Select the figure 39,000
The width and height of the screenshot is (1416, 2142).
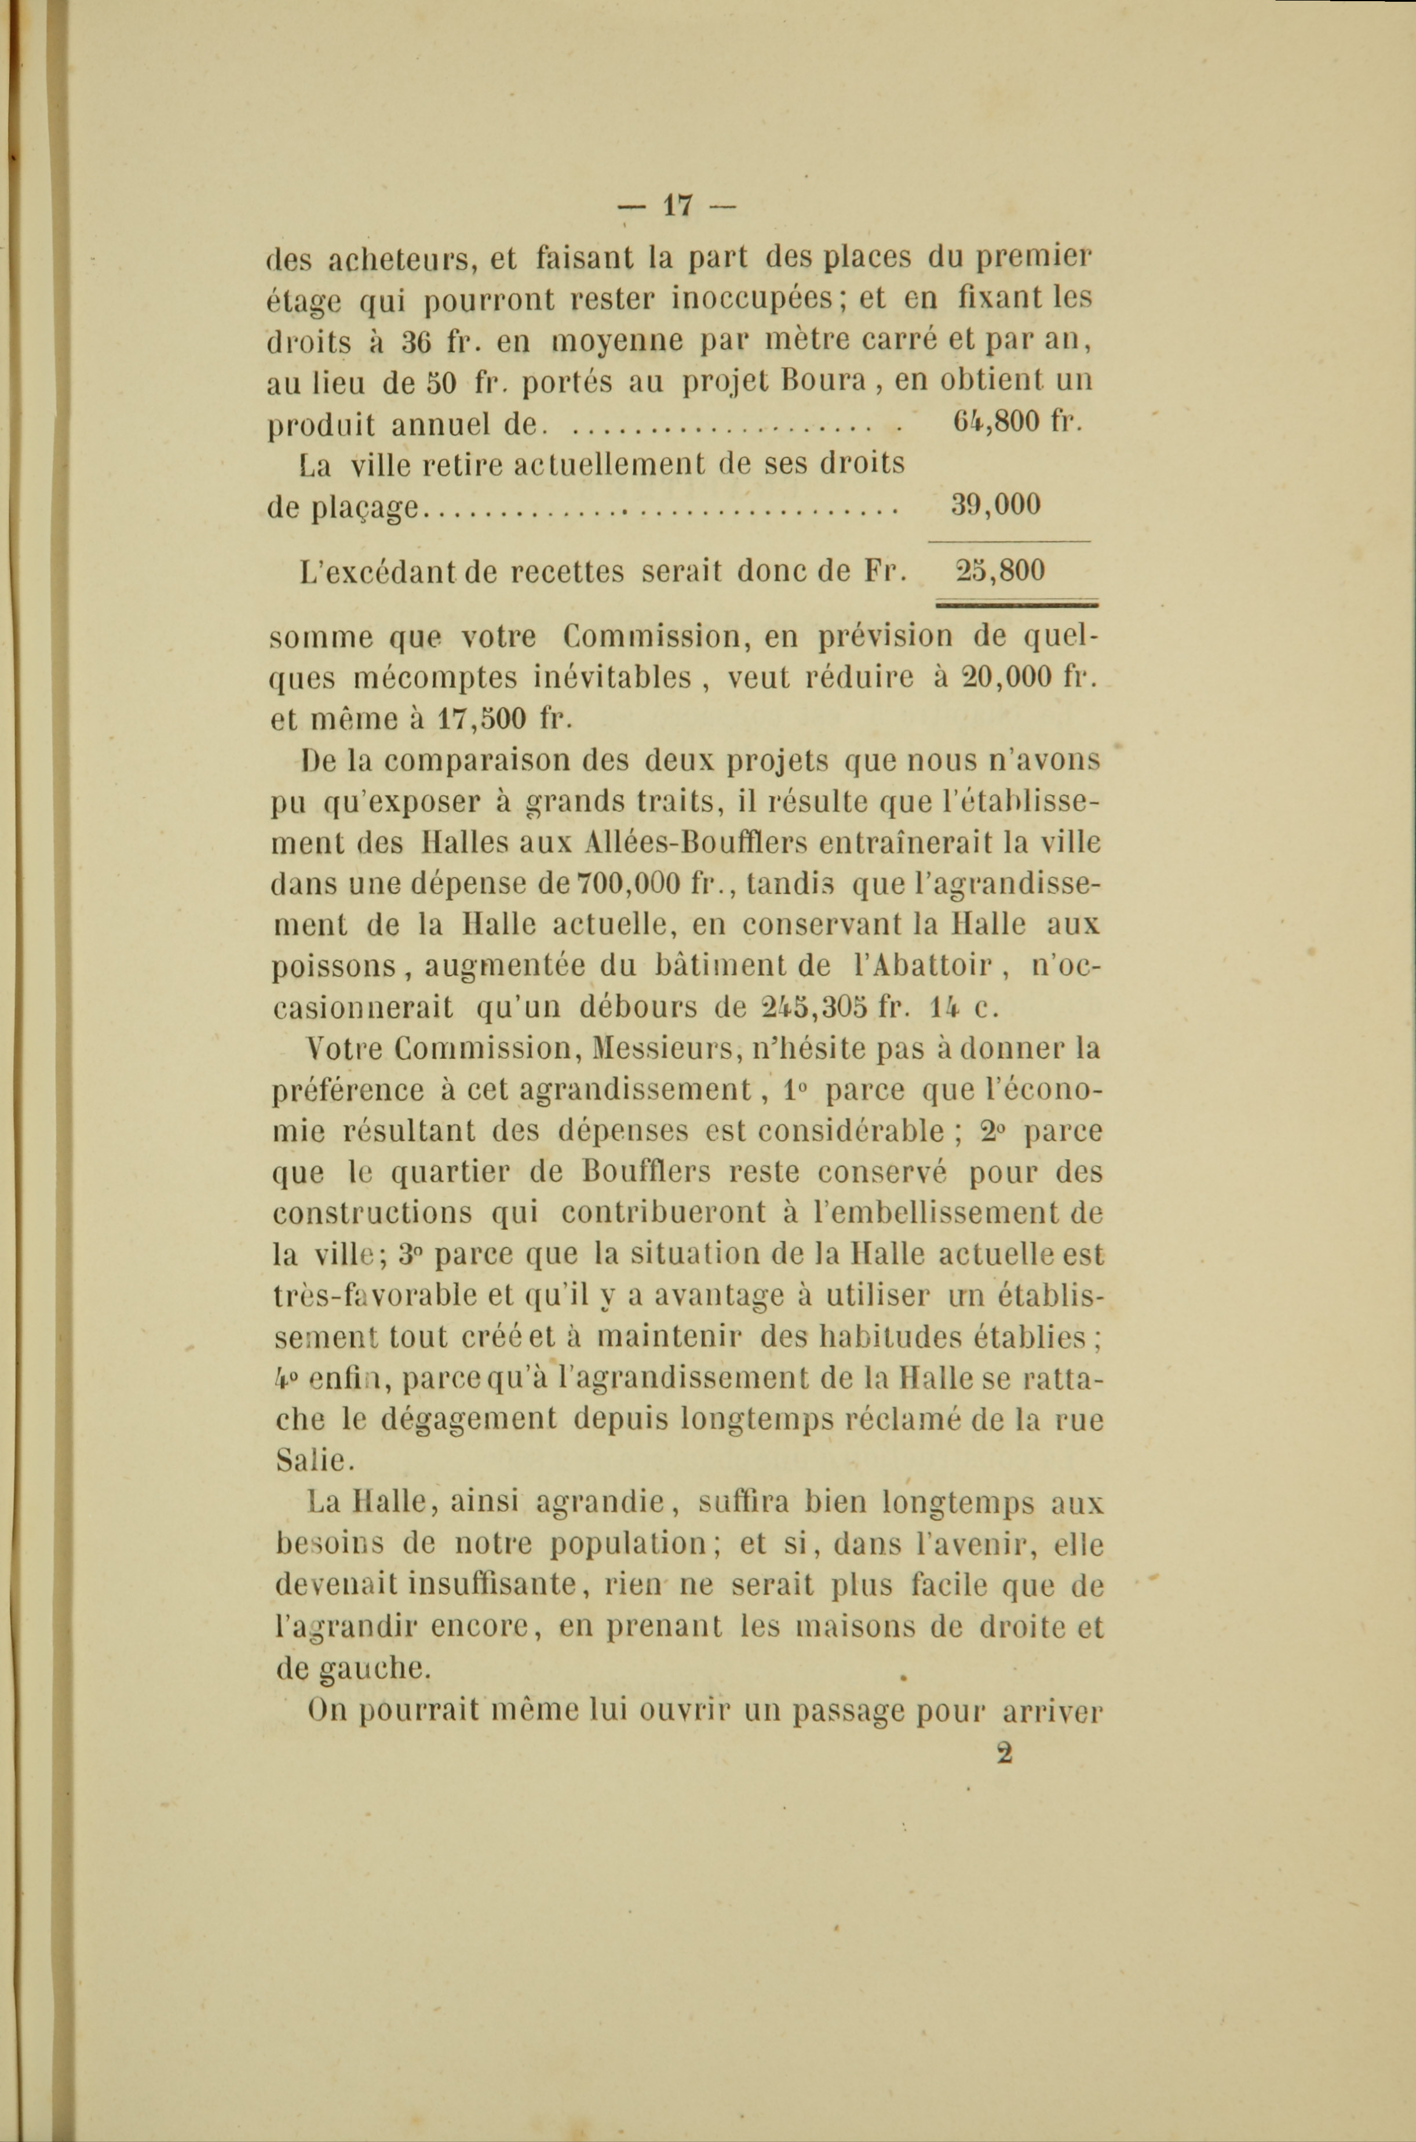point(996,504)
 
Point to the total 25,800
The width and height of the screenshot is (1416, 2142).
point(999,571)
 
